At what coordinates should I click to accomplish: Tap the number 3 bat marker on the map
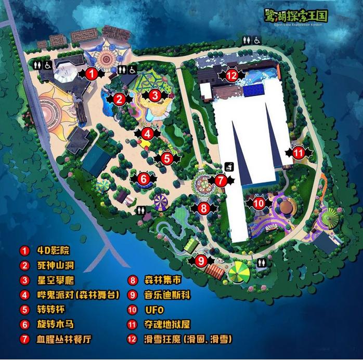click(154, 96)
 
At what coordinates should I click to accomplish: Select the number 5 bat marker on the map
click(166, 158)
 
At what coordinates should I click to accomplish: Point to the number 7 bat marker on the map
click(221, 181)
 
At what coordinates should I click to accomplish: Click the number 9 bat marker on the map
click(202, 261)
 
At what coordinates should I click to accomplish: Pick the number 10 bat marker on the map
click(259, 203)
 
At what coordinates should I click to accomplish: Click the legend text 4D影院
click(49, 250)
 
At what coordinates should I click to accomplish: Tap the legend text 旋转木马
click(55, 325)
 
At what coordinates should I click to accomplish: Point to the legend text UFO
click(154, 310)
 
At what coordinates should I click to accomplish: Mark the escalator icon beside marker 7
click(229, 166)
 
